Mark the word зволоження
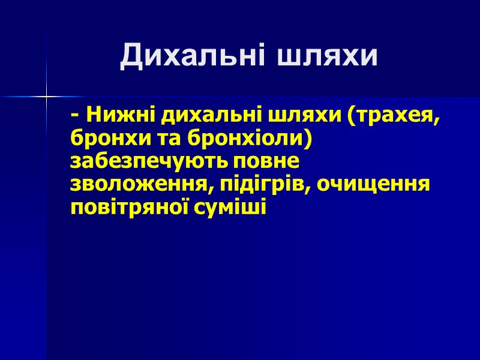coord(138,184)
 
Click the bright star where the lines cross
coord(46,96)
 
